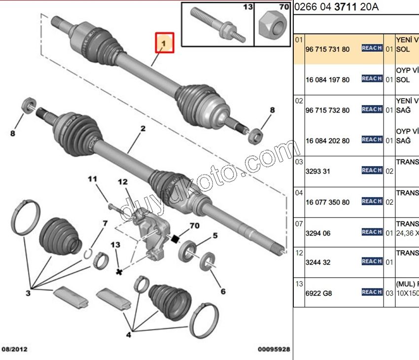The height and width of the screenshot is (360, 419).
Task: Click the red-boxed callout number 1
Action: click(x=165, y=43)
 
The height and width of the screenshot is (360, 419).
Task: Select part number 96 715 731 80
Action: click(x=327, y=49)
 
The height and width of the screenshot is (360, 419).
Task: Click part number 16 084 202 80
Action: click(x=327, y=141)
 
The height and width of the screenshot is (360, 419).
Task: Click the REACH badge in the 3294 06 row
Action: click(x=372, y=232)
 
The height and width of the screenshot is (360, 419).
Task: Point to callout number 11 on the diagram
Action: click(x=93, y=180)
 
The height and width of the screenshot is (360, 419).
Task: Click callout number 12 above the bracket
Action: click(x=123, y=182)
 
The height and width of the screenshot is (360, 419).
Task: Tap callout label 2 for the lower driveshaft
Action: click(x=143, y=129)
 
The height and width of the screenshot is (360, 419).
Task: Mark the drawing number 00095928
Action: click(x=274, y=350)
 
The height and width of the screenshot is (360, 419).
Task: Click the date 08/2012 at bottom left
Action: click(x=14, y=350)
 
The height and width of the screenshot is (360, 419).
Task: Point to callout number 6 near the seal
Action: click(x=223, y=291)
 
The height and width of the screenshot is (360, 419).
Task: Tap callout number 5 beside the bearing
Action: click(x=215, y=236)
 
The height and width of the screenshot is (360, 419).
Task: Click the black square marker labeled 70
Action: click(x=175, y=240)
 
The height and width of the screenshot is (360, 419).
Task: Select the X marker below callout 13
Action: click(x=119, y=272)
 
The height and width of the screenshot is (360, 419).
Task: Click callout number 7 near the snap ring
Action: click(x=105, y=224)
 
